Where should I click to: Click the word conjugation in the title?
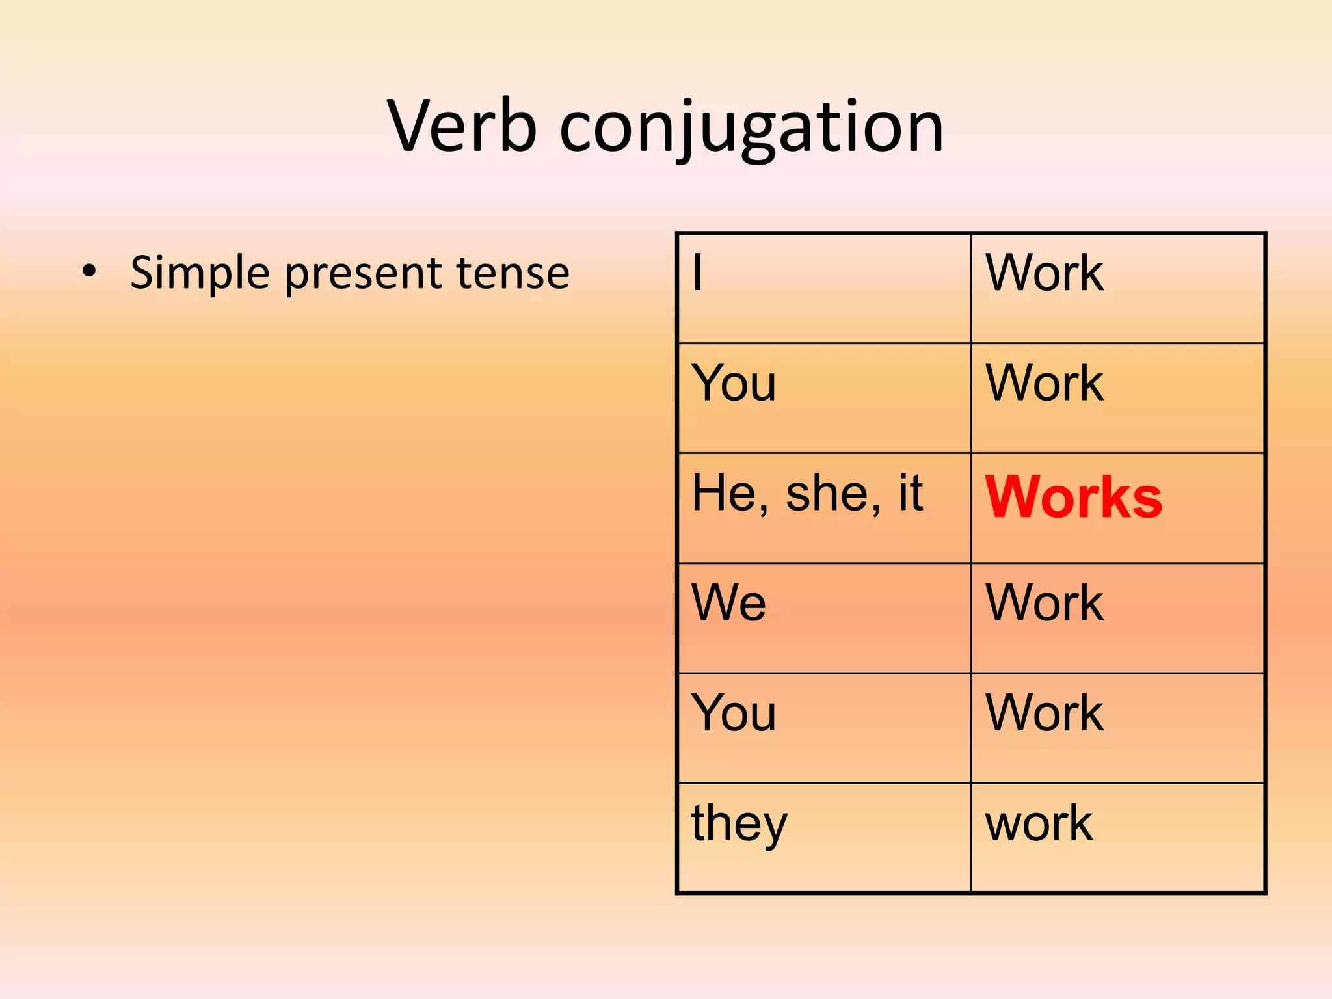click(751, 128)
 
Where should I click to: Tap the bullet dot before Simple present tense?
click(89, 271)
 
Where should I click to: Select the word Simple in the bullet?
click(200, 273)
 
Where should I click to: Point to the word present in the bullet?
click(363, 273)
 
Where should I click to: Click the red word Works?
click(1073, 498)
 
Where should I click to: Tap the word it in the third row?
click(911, 492)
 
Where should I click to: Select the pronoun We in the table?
click(728, 602)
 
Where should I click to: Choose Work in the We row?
click(1044, 602)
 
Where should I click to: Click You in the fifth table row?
click(734, 713)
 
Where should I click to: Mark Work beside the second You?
click(1044, 713)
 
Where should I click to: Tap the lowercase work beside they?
click(1039, 823)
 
